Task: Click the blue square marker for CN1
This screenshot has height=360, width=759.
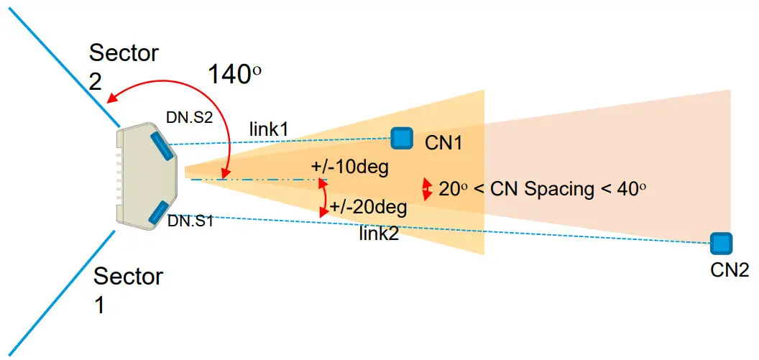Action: point(401,137)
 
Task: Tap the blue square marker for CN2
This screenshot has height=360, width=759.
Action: point(718,243)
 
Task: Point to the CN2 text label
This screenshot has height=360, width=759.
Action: point(729,269)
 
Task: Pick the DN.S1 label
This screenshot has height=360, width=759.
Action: point(190,221)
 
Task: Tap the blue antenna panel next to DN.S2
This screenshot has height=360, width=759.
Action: point(161,146)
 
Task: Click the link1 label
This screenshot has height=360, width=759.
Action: point(269,130)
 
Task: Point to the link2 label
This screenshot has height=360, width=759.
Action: point(379,234)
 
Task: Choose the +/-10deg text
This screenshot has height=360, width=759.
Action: point(350,168)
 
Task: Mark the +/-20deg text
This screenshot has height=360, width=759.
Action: point(369,208)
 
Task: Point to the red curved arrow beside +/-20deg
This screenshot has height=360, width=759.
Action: point(323,198)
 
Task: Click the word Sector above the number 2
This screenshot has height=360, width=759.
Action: point(123,52)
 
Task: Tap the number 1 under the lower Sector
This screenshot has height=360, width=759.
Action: point(100,305)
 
